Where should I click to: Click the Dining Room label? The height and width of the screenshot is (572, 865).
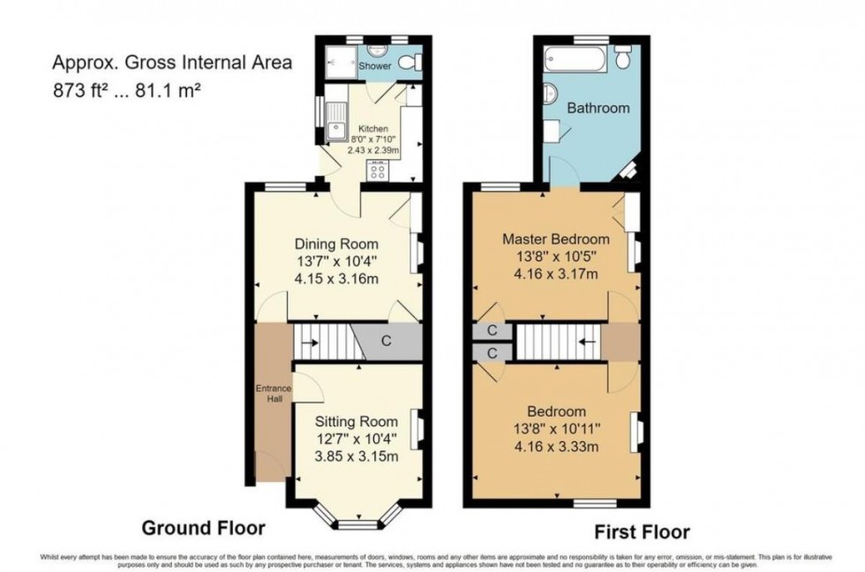[x=335, y=245]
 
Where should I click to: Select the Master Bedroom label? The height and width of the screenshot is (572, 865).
[x=555, y=239]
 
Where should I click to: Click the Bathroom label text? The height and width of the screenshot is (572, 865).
[x=598, y=109]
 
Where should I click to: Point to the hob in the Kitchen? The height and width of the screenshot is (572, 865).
[x=378, y=170]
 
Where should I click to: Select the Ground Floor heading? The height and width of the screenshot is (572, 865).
[x=204, y=528]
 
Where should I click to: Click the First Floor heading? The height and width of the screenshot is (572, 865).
[x=641, y=531]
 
